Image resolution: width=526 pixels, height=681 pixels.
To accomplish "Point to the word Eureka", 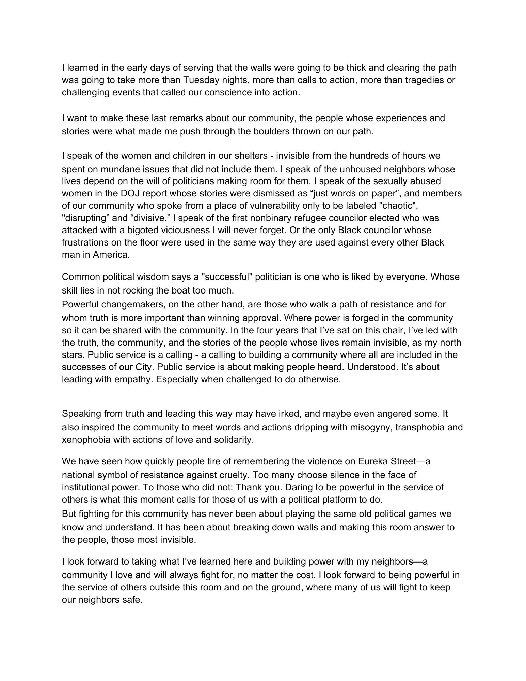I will pos(373,461).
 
